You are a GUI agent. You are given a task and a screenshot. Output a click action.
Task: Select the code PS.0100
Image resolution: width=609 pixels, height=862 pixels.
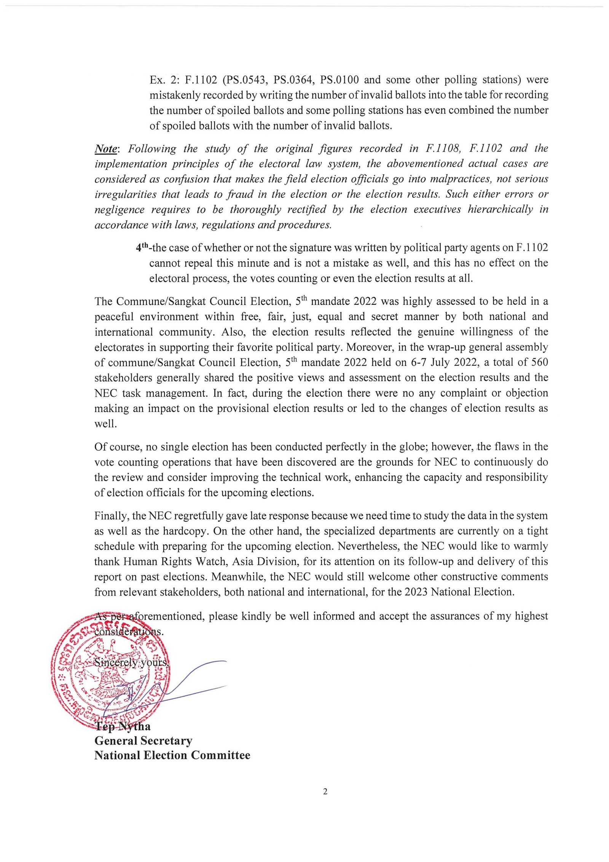(340, 80)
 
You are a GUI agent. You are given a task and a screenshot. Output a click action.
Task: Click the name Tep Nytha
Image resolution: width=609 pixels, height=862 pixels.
(122, 726)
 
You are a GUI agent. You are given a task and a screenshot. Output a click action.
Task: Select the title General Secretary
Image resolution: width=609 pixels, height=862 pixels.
(143, 741)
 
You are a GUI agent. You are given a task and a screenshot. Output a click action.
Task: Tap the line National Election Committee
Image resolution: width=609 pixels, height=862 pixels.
(172, 755)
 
